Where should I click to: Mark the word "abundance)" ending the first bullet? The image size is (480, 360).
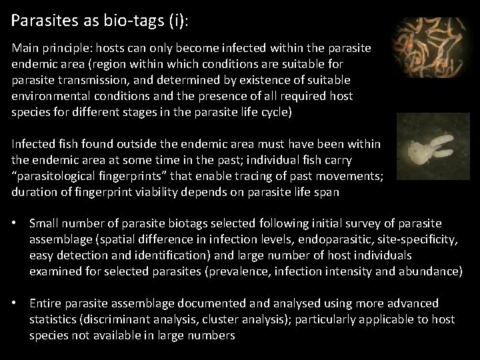click(431, 271)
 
